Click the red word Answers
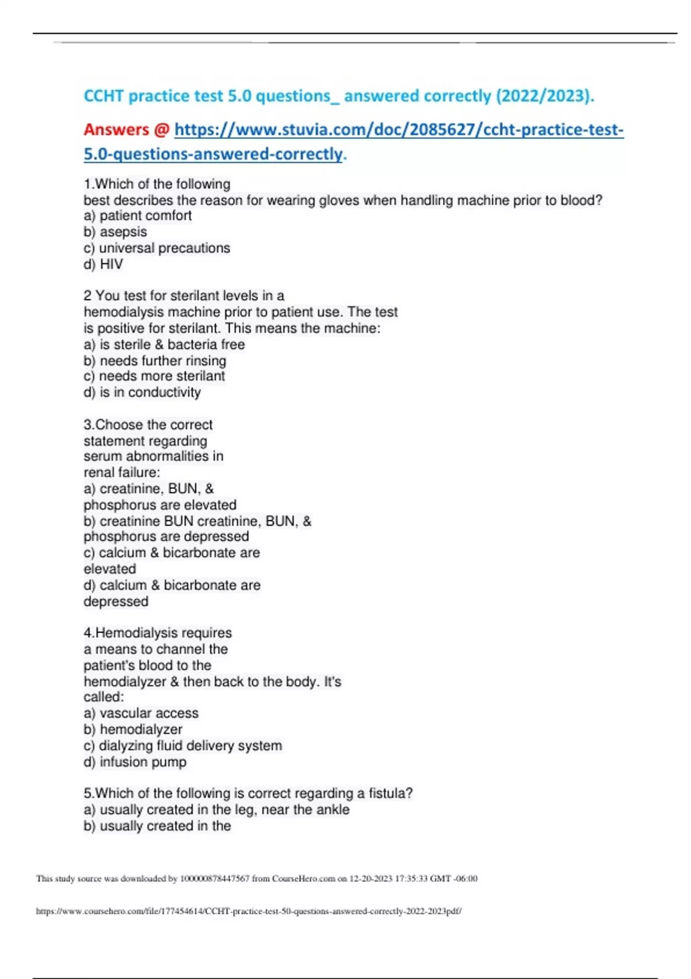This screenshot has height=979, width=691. pyautogui.click(x=116, y=130)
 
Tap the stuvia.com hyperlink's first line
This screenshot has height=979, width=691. pyautogui.click(x=398, y=130)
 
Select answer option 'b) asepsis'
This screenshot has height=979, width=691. pyautogui.click(x=115, y=232)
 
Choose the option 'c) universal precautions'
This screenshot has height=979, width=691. pyautogui.click(x=157, y=248)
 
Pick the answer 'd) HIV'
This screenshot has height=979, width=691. pyautogui.click(x=103, y=264)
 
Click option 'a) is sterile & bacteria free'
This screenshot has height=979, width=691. pyautogui.click(x=164, y=344)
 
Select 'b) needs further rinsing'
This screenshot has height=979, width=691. pyautogui.click(x=155, y=361)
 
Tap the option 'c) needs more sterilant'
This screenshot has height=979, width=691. pyautogui.click(x=154, y=376)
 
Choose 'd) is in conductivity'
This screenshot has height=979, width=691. pyautogui.click(x=142, y=392)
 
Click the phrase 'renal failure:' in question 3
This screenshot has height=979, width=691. pyautogui.click(x=122, y=472)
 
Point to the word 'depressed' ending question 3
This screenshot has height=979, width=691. pyautogui.click(x=116, y=601)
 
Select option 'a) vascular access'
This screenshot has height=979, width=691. pyautogui.click(x=141, y=713)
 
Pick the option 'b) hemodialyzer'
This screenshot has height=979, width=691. pyautogui.click(x=133, y=729)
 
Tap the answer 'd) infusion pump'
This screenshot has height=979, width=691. pyautogui.click(x=135, y=762)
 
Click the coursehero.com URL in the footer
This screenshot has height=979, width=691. pyautogui.click(x=249, y=911)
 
